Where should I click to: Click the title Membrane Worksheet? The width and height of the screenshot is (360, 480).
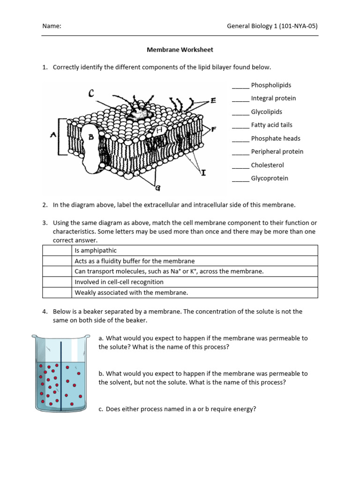pyautogui.click(x=180, y=49)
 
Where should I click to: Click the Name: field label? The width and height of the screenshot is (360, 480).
pyautogui.click(x=52, y=26)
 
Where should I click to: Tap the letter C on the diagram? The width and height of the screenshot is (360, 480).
pyautogui.click(x=91, y=94)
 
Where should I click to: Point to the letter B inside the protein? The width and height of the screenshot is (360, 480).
pyautogui.click(x=91, y=137)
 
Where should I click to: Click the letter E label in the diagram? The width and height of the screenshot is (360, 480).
pyautogui.click(x=213, y=100)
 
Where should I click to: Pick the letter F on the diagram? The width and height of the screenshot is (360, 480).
pyautogui.click(x=213, y=129)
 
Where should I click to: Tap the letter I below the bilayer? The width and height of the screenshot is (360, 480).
pyautogui.click(x=203, y=173)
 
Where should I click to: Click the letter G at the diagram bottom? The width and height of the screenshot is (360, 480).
pyautogui.click(x=157, y=189)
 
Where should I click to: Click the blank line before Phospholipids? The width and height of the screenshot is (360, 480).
pyautogui.click(x=240, y=86)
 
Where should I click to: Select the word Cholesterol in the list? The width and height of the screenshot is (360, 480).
pyautogui.click(x=267, y=165)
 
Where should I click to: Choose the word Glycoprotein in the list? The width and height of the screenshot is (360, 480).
pyautogui.click(x=270, y=178)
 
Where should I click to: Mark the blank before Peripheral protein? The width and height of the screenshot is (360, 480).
pyautogui.click(x=240, y=152)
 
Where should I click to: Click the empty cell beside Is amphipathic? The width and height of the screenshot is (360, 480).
pyautogui.click(x=57, y=250)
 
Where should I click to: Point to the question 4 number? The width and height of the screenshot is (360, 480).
pyautogui.click(x=45, y=311)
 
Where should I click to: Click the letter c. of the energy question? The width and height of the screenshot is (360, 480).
pyautogui.click(x=101, y=409)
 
